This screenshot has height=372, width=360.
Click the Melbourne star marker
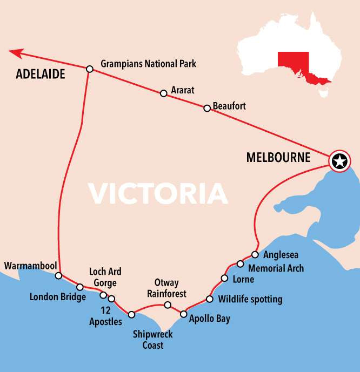point(339,161)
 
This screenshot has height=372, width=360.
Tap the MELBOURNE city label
point(278,158)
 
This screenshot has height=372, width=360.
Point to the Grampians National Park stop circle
point(90,69)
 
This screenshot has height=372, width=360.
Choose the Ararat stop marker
point(163,93)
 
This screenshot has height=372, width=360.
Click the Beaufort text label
point(229,106)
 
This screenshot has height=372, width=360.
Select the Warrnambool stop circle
point(58,276)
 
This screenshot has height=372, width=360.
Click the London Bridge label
point(57,297)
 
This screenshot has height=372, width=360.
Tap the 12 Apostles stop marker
point(111,299)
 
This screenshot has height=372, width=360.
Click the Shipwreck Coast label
point(153,340)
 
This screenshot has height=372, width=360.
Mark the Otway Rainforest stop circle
point(168,305)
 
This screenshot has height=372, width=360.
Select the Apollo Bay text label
point(209,319)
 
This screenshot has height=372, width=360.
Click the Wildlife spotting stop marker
point(209,299)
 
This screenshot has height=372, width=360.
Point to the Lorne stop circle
point(224,279)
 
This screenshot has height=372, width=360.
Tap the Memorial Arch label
point(276,268)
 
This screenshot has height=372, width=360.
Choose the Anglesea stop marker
point(255,254)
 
